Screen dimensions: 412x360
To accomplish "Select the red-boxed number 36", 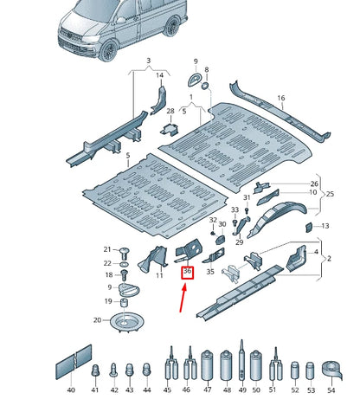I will coord(188,272).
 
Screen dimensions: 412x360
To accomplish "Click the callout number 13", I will coord(325,227).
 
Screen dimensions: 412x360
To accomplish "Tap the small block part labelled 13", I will coord(307,226).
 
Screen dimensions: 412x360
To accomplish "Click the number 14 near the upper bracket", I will coord(158,76).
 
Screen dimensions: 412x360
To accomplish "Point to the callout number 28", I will coord(170,112).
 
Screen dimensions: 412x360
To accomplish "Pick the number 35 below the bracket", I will coord(209,272).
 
